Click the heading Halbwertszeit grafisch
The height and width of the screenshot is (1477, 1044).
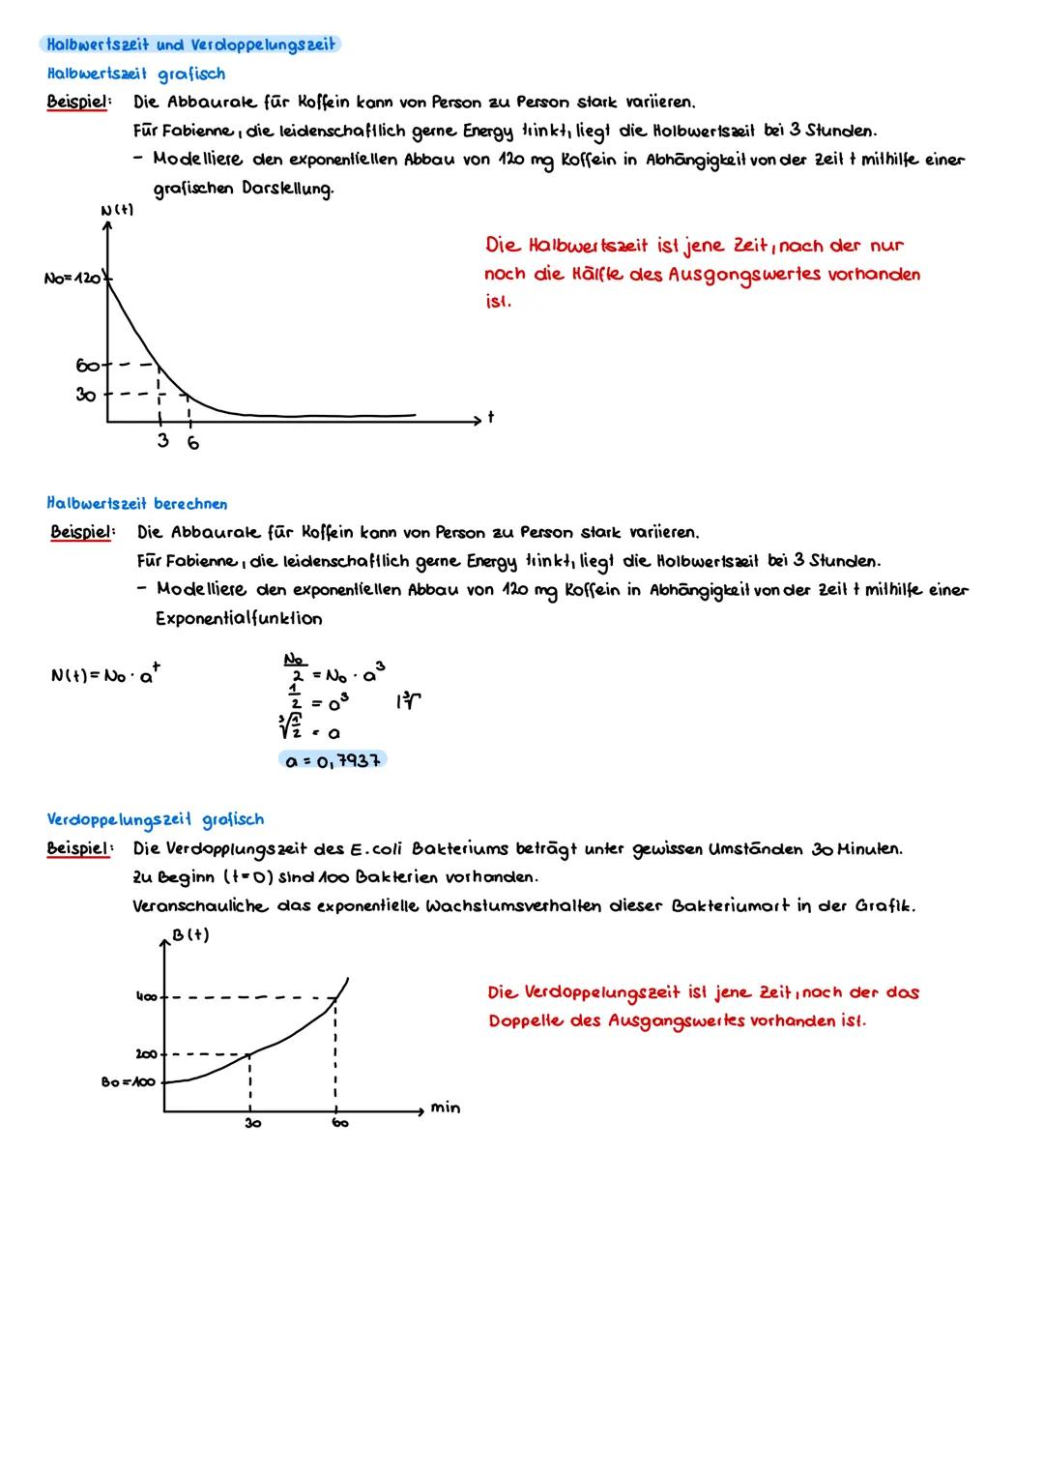(135, 74)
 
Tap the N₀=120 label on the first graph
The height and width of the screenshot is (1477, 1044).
(73, 279)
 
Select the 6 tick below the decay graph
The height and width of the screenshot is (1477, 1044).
(193, 443)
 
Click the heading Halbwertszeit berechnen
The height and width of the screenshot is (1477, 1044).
(137, 504)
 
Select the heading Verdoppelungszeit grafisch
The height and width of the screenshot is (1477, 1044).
(155, 820)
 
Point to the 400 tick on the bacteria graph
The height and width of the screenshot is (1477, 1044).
(145, 996)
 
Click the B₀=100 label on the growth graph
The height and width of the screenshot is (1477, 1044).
(129, 1082)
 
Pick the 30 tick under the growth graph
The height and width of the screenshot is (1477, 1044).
(252, 1124)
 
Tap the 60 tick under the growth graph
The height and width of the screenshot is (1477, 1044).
(340, 1124)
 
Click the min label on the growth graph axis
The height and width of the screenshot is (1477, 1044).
(446, 1108)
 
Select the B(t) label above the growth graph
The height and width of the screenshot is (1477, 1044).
(190, 935)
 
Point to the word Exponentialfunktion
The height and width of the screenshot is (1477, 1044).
(239, 619)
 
